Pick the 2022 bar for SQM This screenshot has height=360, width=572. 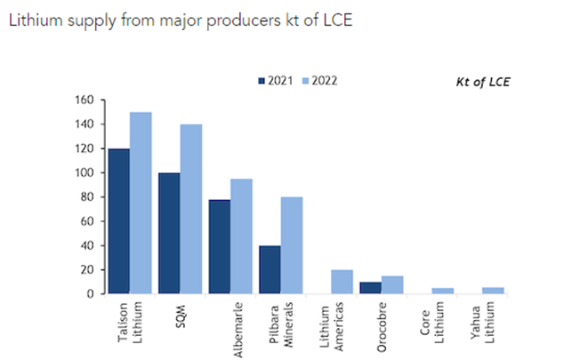191,209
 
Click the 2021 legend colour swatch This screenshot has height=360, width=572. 262,80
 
